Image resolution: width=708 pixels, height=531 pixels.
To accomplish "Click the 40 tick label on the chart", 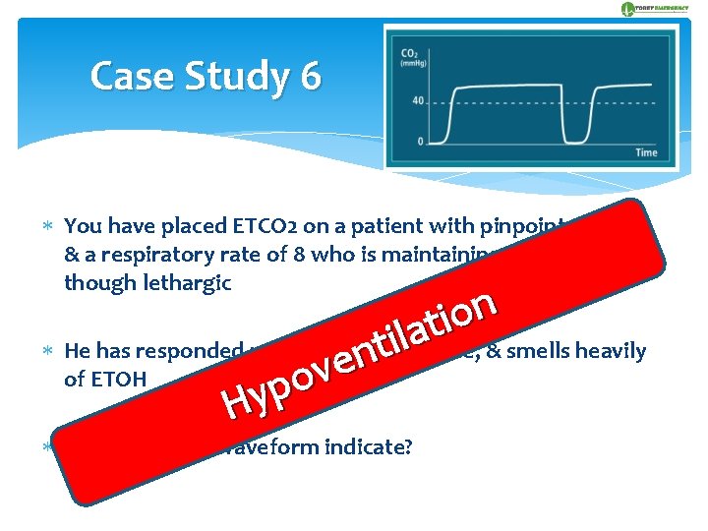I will coord(418,100).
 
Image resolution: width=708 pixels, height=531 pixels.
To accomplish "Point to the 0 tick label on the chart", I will coord(421,142).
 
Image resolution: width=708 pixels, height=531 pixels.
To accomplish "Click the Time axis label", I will coord(645,152).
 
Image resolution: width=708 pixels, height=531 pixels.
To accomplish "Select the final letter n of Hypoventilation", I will coord(481,304).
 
